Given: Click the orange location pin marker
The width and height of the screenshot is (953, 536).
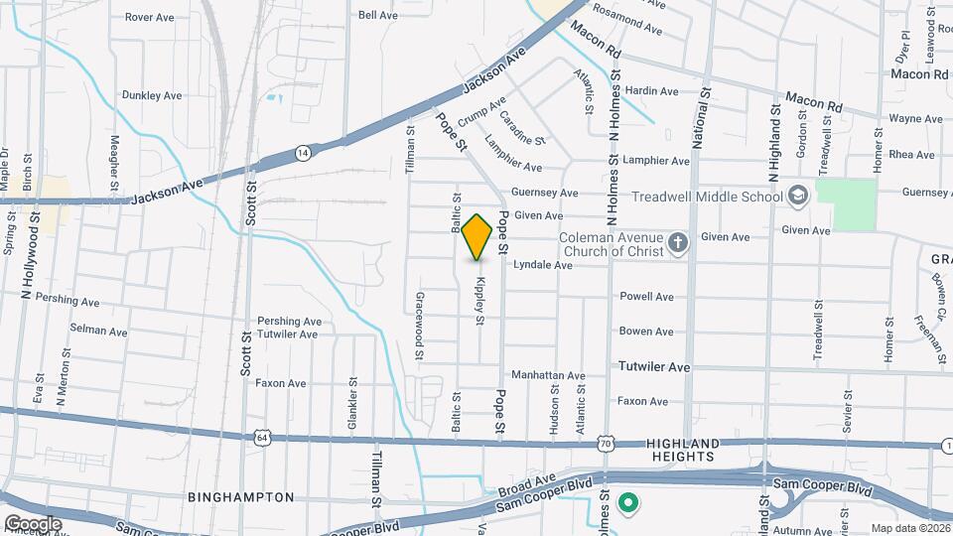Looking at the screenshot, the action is click(477, 236).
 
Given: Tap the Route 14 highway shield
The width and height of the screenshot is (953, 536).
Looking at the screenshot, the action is click(303, 153).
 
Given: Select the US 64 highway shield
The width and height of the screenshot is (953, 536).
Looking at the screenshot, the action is click(261, 437).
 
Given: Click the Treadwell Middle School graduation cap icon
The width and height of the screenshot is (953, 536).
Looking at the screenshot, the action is click(797, 196).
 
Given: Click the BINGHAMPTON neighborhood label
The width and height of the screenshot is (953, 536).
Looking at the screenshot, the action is click(241, 496).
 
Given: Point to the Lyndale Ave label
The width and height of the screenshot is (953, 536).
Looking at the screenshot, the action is click(542, 266).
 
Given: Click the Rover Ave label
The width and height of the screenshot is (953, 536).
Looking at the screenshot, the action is click(151, 17).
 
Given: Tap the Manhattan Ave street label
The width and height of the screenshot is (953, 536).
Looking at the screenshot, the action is click(547, 375).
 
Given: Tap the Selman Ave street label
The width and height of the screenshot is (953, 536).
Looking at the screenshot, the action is click(98, 331).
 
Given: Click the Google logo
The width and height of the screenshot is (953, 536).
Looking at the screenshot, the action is click(32, 523).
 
